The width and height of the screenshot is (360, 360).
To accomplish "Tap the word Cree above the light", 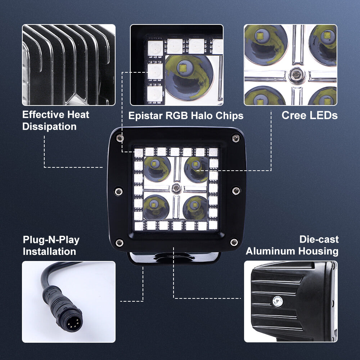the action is pos(294,115).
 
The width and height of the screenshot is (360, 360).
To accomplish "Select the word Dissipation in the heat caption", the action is pos(49,127).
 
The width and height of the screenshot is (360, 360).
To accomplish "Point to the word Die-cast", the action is pos(319,239).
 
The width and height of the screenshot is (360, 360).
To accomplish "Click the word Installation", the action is pos(49,252).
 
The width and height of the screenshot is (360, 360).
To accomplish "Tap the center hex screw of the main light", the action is pos(176,188).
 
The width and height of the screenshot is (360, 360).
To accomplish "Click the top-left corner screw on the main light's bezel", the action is pos(120,138).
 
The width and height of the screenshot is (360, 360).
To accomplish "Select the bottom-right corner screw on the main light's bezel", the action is pos(234,242).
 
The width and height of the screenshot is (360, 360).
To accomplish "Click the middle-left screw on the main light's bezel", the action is pos(118,191).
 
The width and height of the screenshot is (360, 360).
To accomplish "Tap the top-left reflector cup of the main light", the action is pos(157,169).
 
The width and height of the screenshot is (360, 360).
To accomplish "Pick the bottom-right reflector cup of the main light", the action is pos(195,208).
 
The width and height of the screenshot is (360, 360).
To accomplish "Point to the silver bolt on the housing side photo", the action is pos(278,301).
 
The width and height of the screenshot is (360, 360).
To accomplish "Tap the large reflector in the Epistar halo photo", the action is pos(189,77).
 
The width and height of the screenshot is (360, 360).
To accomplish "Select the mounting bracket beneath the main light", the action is pos(174,258).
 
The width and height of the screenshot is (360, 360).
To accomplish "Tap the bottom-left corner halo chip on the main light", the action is pos(139,226).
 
